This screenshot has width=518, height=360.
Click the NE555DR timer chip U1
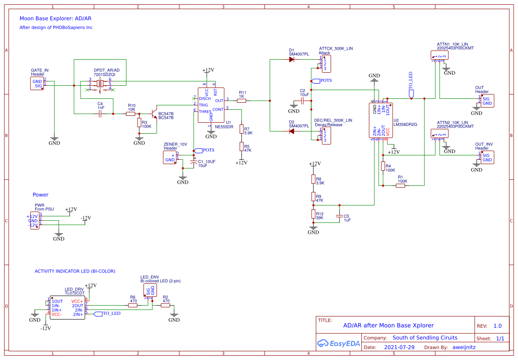tap(211, 105)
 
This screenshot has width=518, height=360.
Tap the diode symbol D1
tap(293, 60)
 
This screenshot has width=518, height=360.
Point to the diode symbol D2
tap(293, 131)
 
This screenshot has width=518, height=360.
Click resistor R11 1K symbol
tap(242, 101)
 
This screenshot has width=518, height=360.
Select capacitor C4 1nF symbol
tap(100, 114)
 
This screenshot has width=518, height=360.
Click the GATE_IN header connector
tap(37, 84)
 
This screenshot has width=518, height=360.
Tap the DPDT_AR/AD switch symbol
tap(100, 84)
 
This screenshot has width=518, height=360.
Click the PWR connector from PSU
tap(34, 220)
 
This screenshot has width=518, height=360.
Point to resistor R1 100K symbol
tap(400, 186)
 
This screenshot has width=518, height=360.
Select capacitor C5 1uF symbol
tap(340, 216)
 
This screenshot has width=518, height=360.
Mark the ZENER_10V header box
tap(170, 158)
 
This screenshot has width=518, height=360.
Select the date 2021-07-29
tap(399, 348)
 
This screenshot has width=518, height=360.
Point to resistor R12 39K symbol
tap(313, 214)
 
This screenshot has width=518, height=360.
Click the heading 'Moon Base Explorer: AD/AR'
tap(55, 19)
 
